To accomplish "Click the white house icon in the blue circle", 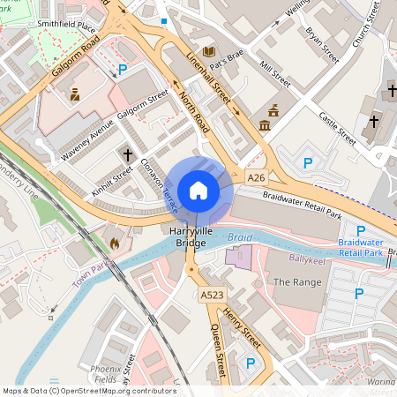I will click(x=198, y=190).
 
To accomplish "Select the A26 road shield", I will click(x=256, y=178).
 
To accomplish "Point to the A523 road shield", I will click(x=212, y=295).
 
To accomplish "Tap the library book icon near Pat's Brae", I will click(x=208, y=52).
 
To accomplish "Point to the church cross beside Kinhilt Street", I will click(x=128, y=156).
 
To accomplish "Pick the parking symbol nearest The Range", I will click(x=359, y=294).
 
